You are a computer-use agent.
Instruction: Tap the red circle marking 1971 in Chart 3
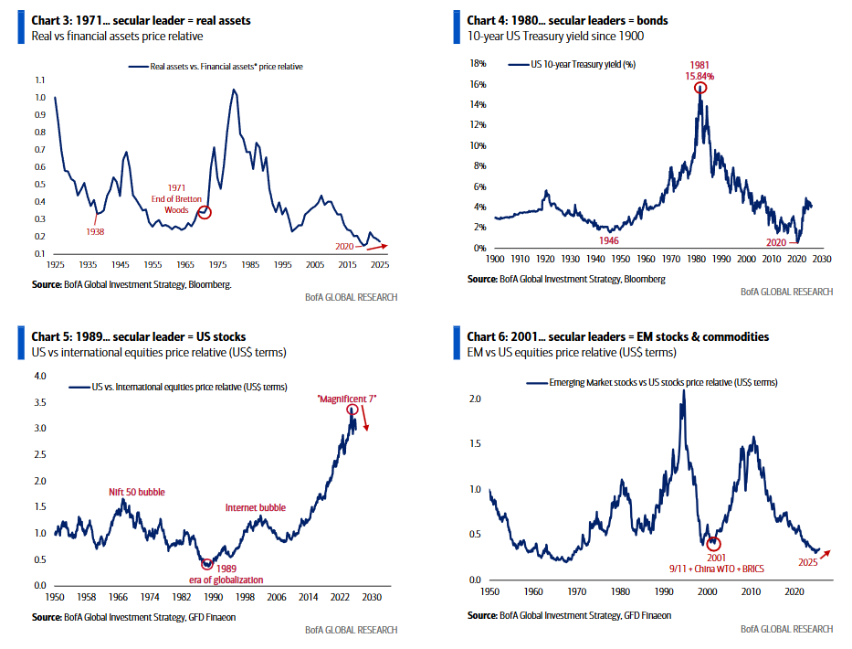pyautogui.click(x=205, y=212)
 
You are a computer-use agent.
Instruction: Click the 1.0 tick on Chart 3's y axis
pyautogui.click(x=38, y=97)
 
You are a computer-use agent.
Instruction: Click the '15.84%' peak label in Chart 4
pyautogui.click(x=700, y=77)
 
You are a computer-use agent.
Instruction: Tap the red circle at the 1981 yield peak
pyautogui.click(x=700, y=89)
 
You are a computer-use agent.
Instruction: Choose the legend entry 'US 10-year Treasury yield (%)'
pyautogui.click(x=584, y=65)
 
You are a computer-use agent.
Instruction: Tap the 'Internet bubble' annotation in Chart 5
pyautogui.click(x=256, y=507)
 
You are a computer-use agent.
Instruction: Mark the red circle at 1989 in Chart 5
pyautogui.click(x=207, y=564)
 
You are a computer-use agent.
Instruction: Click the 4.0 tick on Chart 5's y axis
pyautogui.click(x=38, y=376)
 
